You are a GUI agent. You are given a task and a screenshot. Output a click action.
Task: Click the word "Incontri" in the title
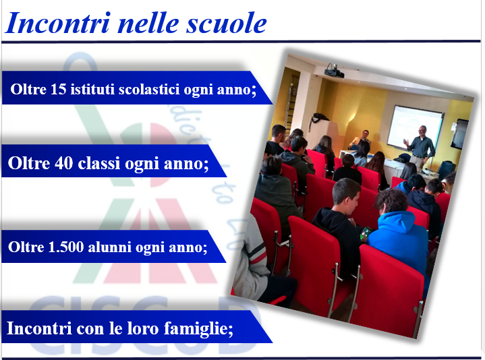pos(57,23)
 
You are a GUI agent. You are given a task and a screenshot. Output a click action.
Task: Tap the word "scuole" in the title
pos(226,23)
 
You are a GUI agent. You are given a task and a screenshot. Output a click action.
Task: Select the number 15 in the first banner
pos(58,89)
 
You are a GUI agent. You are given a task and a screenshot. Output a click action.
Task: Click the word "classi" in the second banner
pos(99,163)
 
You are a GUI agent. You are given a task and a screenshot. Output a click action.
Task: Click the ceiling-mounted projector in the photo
pos(334,71)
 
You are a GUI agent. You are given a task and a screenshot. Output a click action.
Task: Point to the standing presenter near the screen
pos(420,148)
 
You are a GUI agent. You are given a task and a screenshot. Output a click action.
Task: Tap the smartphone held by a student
pos(366,233)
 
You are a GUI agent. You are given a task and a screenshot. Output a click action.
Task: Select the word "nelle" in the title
pos(148,23)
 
